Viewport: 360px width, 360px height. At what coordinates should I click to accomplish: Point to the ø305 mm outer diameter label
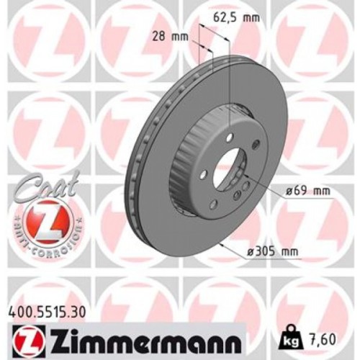click(272, 253)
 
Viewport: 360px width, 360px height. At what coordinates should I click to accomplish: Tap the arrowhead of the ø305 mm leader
click(234, 246)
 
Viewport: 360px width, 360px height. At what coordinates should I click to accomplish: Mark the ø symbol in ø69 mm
click(287, 191)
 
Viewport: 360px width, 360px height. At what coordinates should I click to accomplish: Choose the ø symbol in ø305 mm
click(249, 253)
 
